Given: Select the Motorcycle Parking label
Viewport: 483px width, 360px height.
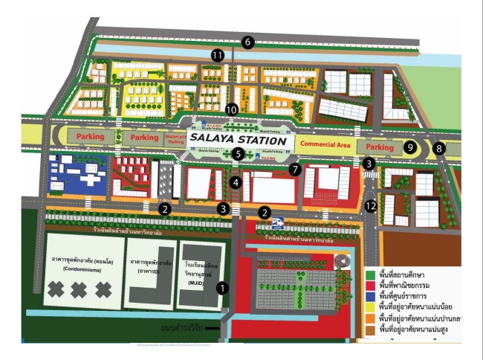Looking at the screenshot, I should click(176, 138).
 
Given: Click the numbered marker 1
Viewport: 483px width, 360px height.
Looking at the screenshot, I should click(220, 286).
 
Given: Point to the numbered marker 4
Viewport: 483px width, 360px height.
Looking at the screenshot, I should click(236, 182).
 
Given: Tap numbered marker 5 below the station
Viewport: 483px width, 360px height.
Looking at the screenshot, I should click(237, 154).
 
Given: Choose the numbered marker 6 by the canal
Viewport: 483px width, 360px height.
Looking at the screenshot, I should click(248, 42).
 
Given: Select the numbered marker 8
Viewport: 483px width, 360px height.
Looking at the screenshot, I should click(439, 148).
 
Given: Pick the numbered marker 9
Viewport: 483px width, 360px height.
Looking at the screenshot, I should click(409, 147).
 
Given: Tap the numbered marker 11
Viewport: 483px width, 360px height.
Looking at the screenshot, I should click(217, 56).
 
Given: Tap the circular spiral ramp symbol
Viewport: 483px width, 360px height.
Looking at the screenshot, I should click(341, 262).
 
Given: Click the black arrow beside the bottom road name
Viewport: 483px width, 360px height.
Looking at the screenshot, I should click(213, 328).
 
